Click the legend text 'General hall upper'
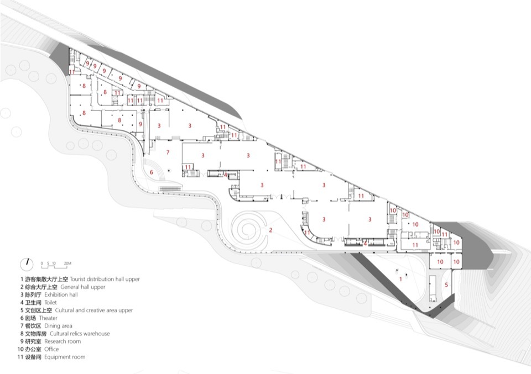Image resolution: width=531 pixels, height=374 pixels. coord(86,287)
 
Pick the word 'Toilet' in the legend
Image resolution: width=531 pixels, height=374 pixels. coord(50,303)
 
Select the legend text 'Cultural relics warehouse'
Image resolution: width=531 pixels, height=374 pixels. coord(80,334)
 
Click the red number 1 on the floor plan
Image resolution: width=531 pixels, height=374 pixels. coord(400,280)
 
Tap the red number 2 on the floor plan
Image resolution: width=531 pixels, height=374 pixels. coord(270,230)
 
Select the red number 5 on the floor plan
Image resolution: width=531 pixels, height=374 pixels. coord(446,285)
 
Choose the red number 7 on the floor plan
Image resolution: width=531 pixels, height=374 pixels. coord(168,151)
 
